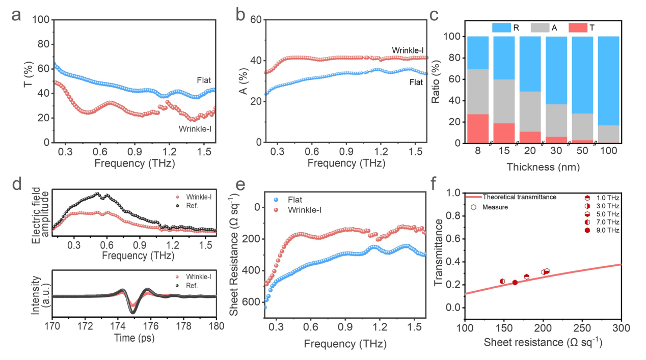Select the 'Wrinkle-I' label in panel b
(x=408, y=50)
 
